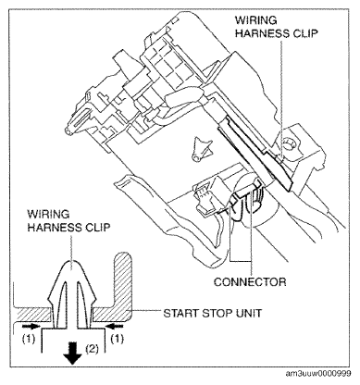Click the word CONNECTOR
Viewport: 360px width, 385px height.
[x=250, y=281]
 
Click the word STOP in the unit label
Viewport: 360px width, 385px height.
[x=216, y=313]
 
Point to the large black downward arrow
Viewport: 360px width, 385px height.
[x=72, y=354]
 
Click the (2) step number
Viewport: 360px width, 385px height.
[x=93, y=349]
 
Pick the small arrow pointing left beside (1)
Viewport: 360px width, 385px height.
[x=116, y=326]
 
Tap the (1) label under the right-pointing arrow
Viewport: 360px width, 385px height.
[x=29, y=339]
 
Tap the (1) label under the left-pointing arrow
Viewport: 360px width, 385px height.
[x=118, y=339]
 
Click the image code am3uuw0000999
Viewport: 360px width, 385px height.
[x=318, y=374]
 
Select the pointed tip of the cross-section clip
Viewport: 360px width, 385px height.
[x=72, y=261]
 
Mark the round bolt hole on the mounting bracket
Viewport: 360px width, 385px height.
[x=289, y=143]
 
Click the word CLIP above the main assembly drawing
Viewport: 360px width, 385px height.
[x=304, y=33]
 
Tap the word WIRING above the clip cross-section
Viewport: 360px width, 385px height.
[x=48, y=214]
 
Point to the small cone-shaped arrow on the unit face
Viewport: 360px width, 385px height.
[x=201, y=147]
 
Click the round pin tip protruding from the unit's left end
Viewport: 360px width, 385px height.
[x=68, y=130]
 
